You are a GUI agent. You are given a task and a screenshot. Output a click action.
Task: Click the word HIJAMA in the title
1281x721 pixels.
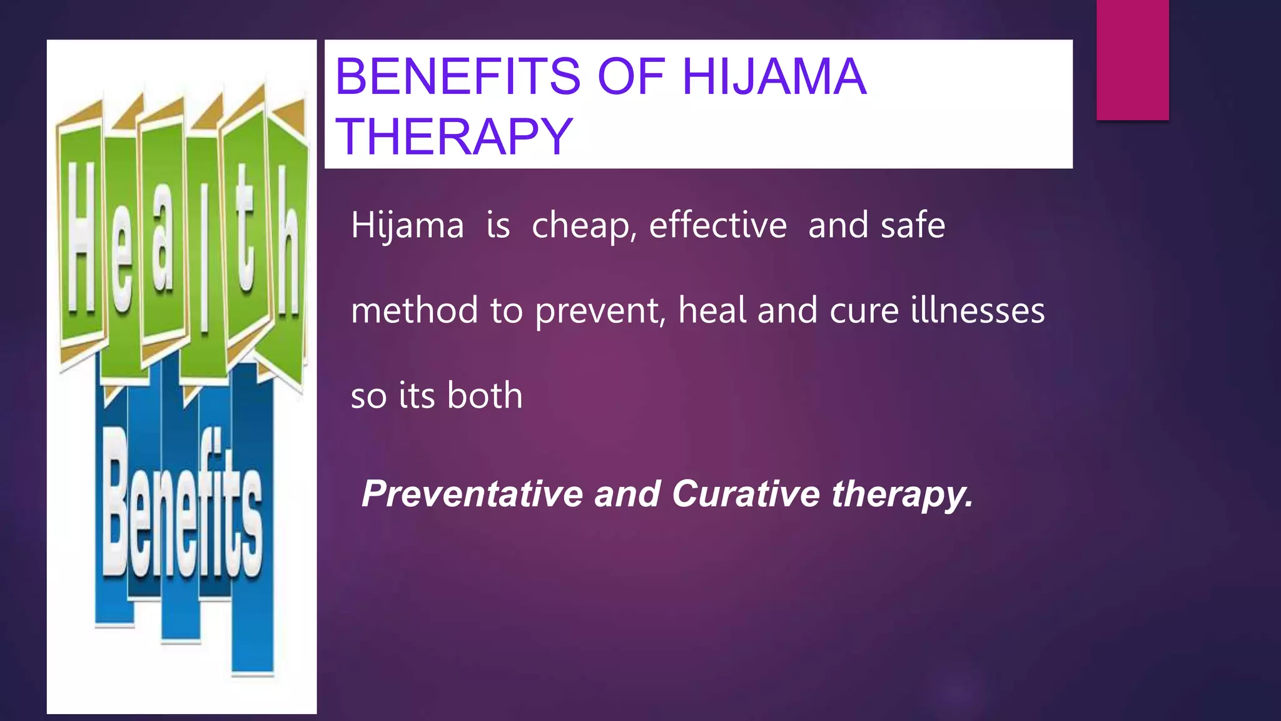pos(774,76)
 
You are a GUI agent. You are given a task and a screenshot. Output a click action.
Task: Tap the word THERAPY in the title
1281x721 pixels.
pos(454,136)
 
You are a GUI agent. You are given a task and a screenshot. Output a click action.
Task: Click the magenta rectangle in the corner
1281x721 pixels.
pos(1132,59)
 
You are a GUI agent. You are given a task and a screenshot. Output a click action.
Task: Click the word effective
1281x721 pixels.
pos(717,225)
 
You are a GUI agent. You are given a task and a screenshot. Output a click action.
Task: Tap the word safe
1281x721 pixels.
pos(913,225)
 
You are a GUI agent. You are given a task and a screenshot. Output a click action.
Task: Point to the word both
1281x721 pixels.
pos(485,396)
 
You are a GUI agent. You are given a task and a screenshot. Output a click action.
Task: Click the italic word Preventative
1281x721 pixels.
pos(472,494)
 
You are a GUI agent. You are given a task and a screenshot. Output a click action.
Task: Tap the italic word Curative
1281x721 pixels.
pos(746,494)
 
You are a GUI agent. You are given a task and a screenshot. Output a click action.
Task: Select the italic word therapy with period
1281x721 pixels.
pos(902,494)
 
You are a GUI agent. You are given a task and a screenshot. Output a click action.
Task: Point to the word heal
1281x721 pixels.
pos(712,310)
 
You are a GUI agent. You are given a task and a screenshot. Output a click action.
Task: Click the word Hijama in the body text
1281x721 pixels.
pos(407,225)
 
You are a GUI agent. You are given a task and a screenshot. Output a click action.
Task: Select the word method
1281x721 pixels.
pos(414,310)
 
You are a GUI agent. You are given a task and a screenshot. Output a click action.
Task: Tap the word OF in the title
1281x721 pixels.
pos(630,76)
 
